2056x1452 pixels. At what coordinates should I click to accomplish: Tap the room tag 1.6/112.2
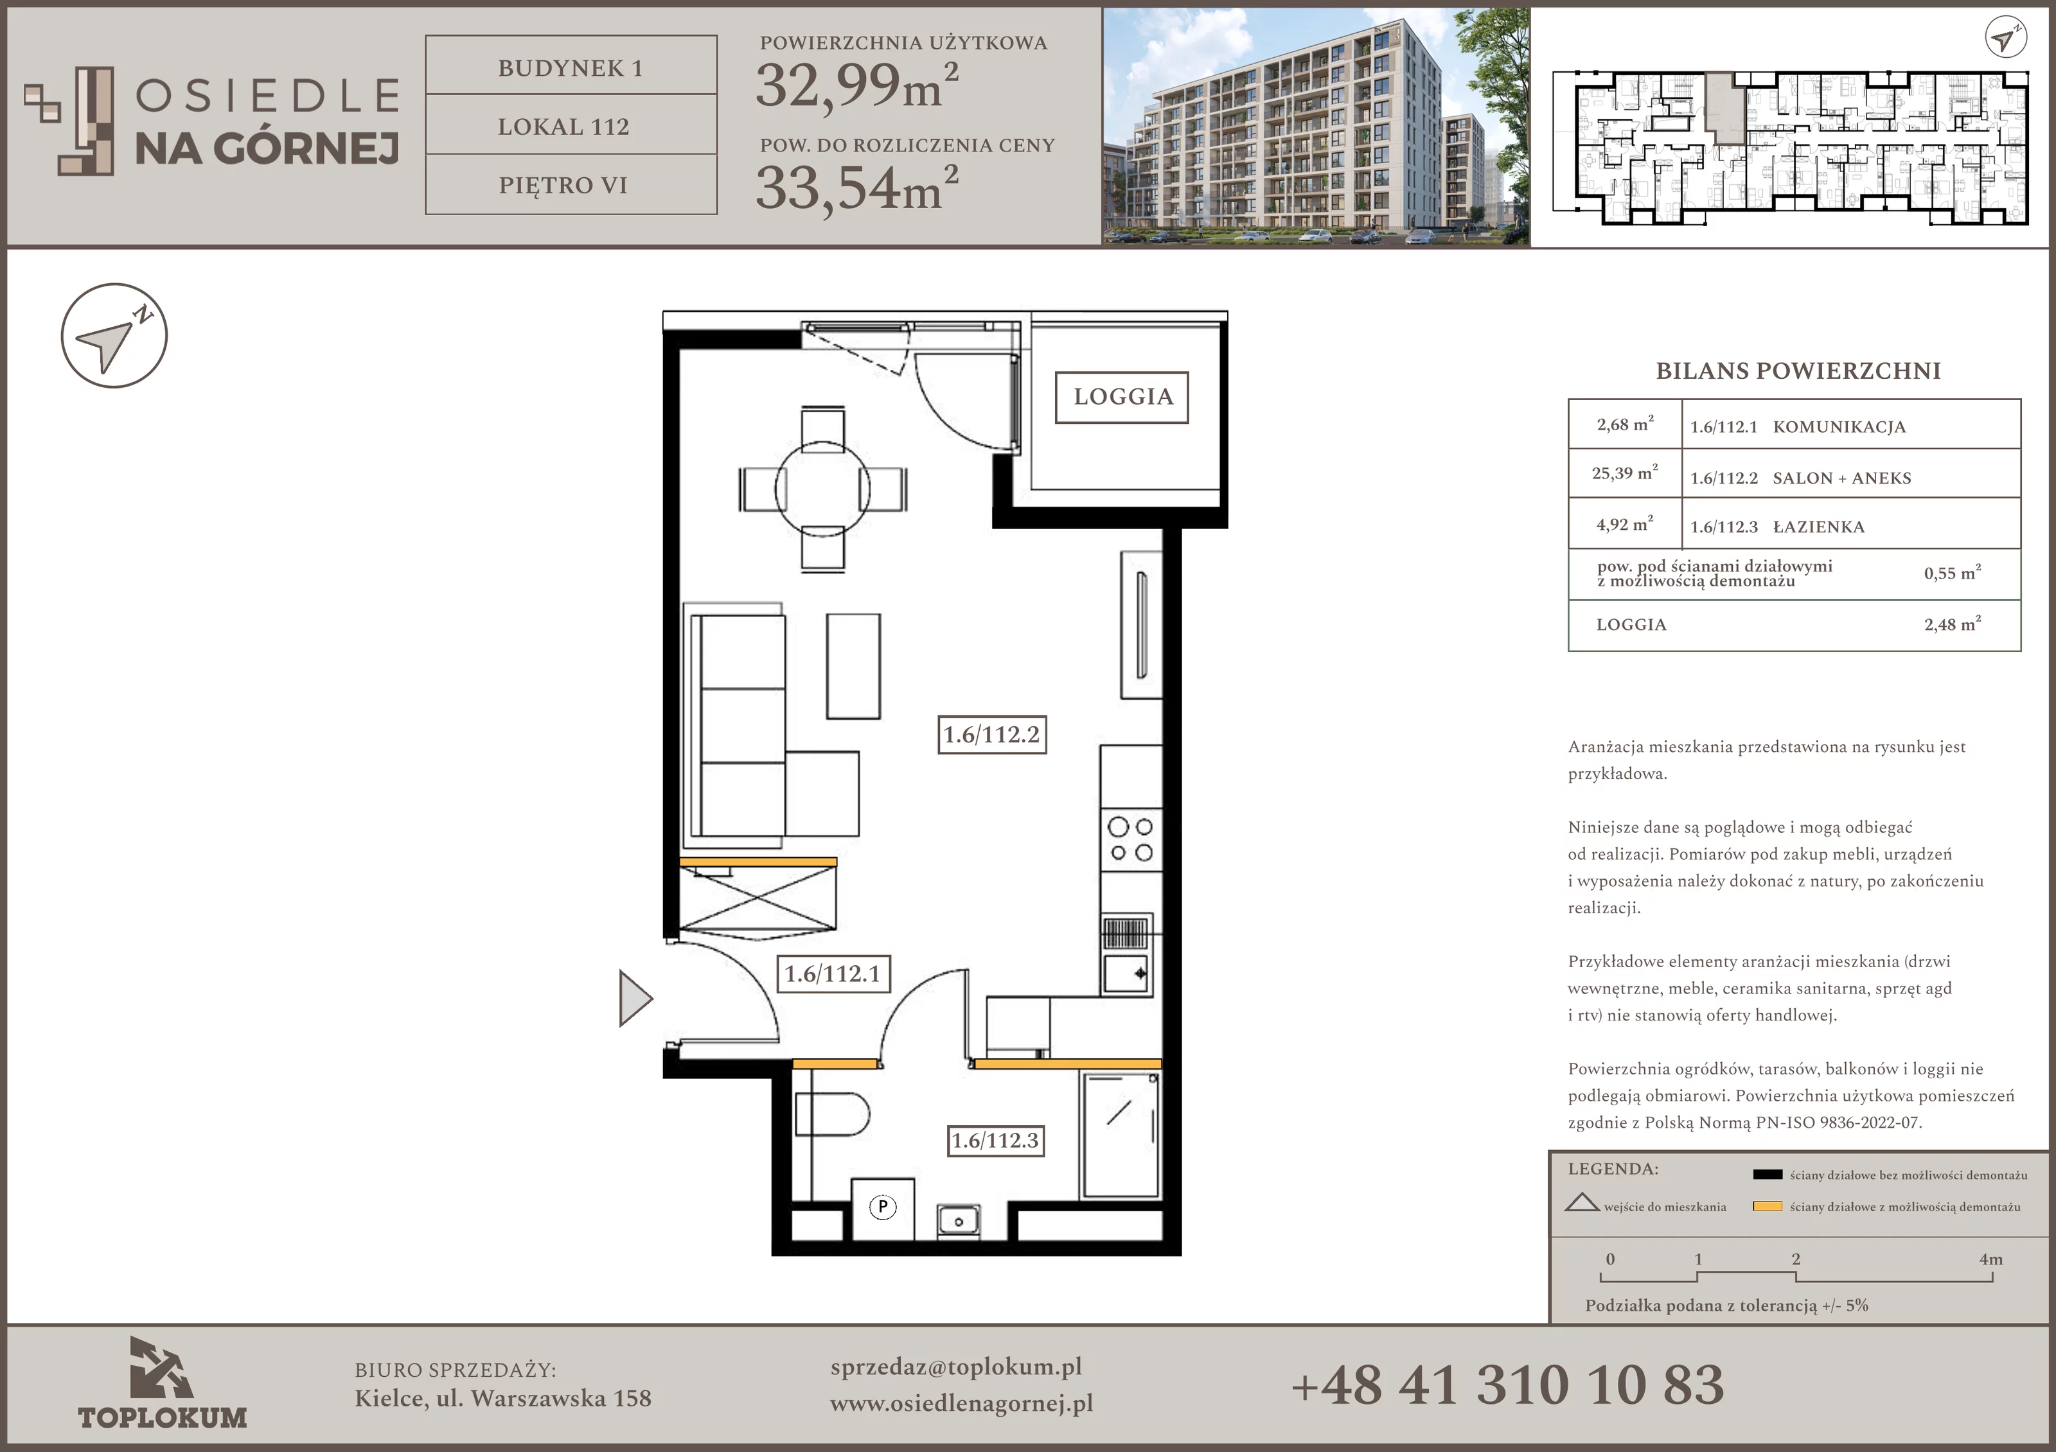coord(991,735)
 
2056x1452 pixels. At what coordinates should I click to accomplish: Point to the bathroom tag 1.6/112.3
coord(996,1141)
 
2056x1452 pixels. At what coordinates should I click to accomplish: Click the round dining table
coord(822,489)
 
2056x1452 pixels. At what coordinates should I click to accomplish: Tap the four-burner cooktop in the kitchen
coord(1131,840)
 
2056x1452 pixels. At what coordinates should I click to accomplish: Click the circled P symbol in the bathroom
coord(883,1207)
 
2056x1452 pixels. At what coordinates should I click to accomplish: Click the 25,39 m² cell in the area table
coord(1624,473)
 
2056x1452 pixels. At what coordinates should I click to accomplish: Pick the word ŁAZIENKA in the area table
coord(1819,527)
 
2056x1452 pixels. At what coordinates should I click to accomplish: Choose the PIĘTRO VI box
coord(571,184)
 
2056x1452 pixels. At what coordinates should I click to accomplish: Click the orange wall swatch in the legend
coord(1767,1206)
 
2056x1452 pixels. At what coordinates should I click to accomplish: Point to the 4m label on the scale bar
coord(1990,1259)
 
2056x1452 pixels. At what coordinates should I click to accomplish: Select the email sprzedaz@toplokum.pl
coord(957,1367)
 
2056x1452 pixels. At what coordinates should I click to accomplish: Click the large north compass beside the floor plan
coord(114,336)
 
